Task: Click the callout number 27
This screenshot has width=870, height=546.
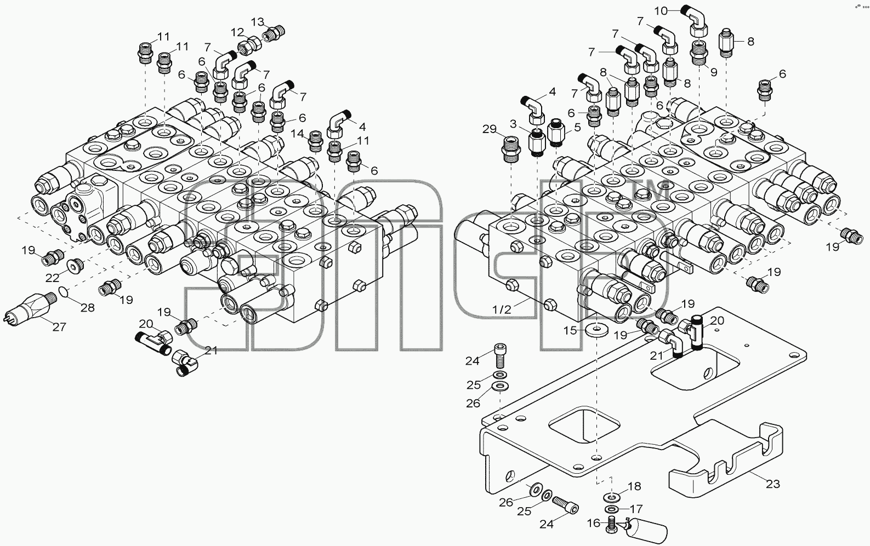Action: point(59,327)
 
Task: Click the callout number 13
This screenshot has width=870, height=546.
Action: point(258,22)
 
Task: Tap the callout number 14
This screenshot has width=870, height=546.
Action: point(298,134)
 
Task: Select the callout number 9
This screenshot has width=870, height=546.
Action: point(713,72)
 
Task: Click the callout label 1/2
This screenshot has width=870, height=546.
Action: point(502,309)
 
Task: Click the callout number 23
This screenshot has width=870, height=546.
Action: point(772,484)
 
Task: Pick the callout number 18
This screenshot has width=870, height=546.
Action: point(634,486)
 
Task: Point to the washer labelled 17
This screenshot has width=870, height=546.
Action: point(611,508)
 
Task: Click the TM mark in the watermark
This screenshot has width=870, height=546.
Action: point(650,191)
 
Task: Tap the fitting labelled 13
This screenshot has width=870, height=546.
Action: point(274,33)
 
